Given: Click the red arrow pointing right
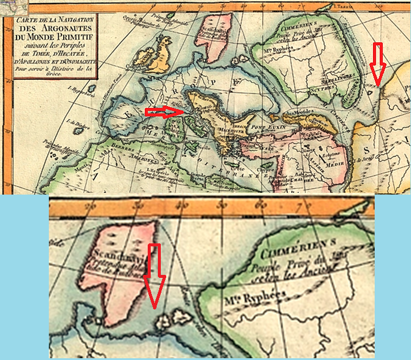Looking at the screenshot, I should point(164,111).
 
